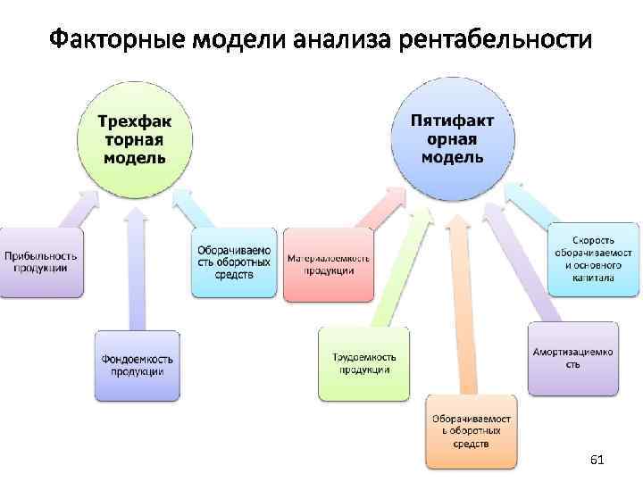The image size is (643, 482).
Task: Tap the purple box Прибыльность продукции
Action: tap(41, 262)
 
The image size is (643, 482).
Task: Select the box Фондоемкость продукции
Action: tap(138, 365)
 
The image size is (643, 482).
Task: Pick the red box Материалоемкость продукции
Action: tap(328, 264)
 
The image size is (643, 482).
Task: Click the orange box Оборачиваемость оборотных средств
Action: tap(471, 430)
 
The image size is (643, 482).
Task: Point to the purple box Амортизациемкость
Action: tap(572, 357)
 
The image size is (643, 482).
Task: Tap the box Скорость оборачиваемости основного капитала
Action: tap(594, 259)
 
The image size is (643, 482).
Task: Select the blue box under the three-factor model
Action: tap(234, 262)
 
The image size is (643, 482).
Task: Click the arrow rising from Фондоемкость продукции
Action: tap(137, 268)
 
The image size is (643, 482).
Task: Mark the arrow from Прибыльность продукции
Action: tap(71, 210)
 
